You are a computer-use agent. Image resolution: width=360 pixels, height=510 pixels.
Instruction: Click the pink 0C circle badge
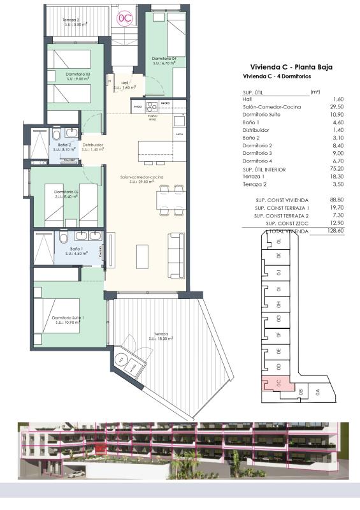pyautogui.click(x=125, y=18)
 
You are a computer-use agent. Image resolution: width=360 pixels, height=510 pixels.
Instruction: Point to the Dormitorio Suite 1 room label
pyautogui.click(x=69, y=319)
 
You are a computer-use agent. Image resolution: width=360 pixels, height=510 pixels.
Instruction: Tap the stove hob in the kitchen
pyautogui.click(x=152, y=107)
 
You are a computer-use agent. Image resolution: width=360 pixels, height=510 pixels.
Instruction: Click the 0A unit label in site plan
pyautogui.click(x=319, y=393)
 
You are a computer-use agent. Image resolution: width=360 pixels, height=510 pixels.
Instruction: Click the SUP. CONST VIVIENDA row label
pyautogui.click(x=282, y=200)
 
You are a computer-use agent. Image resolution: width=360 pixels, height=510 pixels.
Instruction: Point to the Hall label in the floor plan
pyautogui.click(x=124, y=84)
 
